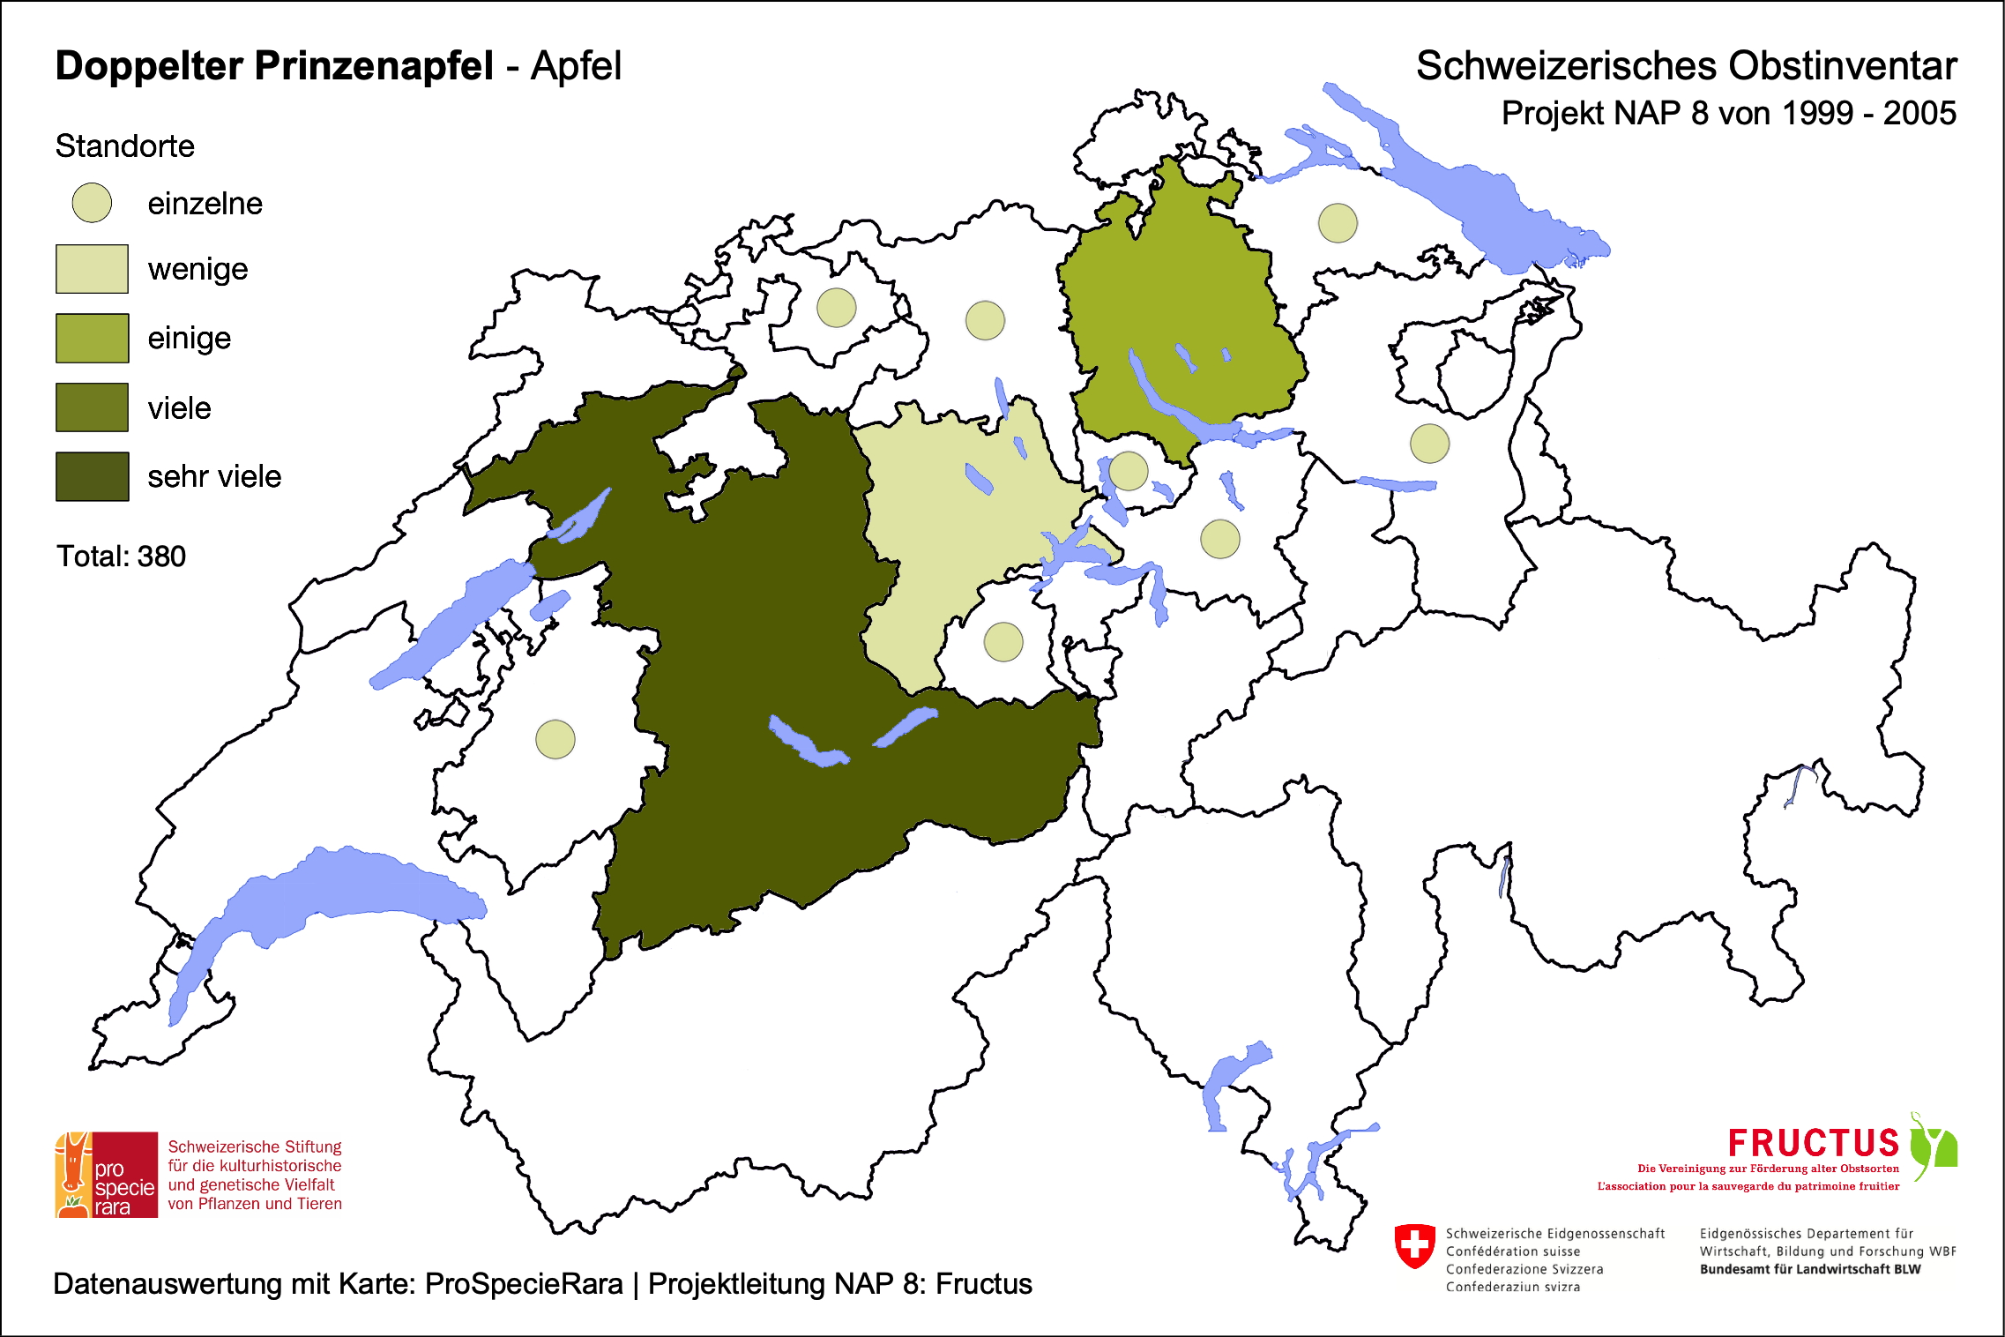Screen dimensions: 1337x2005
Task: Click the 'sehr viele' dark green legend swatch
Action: tap(92, 476)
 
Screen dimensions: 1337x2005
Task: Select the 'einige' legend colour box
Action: tap(92, 338)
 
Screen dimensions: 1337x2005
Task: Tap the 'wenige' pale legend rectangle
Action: tap(92, 269)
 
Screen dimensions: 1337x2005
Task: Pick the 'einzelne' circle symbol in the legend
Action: tap(92, 203)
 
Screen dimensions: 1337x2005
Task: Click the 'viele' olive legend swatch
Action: tap(92, 407)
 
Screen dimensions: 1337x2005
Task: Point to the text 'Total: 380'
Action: tap(121, 556)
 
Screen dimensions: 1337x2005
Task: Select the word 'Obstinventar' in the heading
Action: tap(1842, 66)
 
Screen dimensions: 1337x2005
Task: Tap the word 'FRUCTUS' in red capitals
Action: tap(1813, 1143)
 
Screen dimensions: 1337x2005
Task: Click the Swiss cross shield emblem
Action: tap(1414, 1245)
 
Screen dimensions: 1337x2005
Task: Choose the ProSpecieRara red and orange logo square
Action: tap(107, 1175)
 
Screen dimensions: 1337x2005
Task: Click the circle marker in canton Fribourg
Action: tap(555, 739)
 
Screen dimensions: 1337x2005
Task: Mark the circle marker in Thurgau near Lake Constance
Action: tap(1338, 222)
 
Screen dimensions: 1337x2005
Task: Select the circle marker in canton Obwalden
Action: tap(1003, 641)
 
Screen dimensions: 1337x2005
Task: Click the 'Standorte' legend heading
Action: tap(124, 146)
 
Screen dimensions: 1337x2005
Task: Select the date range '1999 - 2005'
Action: tap(1868, 114)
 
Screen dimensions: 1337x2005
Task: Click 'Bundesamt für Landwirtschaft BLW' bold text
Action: tap(1809, 1269)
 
